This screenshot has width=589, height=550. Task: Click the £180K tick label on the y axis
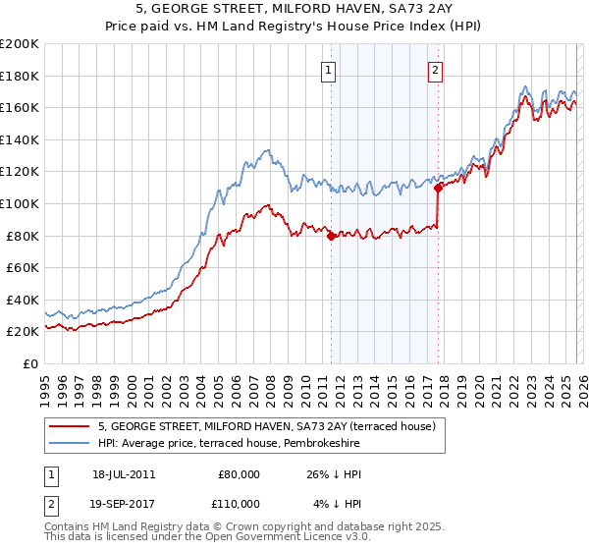[x=20, y=76]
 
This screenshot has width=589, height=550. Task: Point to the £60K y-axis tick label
[x=23, y=267]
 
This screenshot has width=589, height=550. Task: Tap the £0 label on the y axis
[x=30, y=363]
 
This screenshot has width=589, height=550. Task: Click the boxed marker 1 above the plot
[x=327, y=70]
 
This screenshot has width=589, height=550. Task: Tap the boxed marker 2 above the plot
[x=434, y=70]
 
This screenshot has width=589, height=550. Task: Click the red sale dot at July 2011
[x=331, y=236]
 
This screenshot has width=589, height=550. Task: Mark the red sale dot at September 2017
[x=438, y=188]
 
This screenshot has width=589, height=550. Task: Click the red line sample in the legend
[x=70, y=425]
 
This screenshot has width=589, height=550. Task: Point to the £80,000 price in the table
[x=239, y=473]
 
